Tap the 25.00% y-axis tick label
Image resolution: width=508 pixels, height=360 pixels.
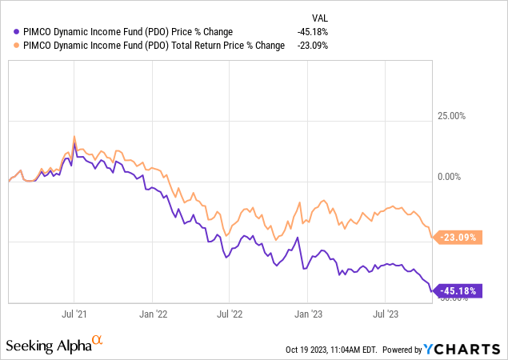(448, 116)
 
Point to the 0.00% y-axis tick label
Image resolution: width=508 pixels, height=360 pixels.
(450, 177)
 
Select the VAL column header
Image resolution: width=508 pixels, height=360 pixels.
(318, 17)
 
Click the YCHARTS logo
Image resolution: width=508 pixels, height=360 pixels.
(467, 349)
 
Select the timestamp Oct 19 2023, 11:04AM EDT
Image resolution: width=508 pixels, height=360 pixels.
(330, 350)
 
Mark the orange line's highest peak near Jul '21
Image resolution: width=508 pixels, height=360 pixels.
(74, 137)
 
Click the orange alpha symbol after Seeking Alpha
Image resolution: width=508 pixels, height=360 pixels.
(98, 341)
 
